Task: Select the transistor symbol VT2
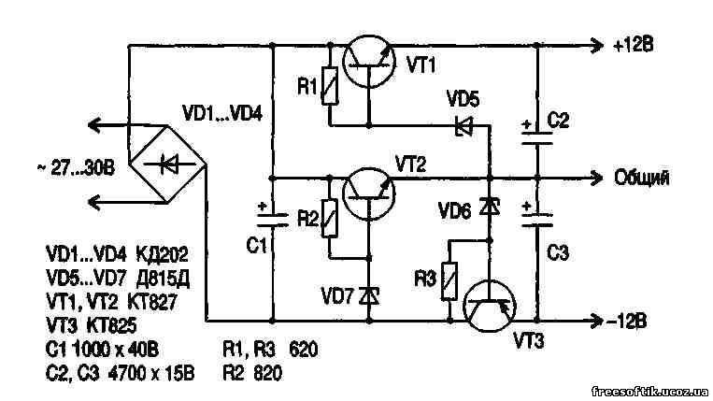(367, 193)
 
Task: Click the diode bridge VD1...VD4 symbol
(168, 165)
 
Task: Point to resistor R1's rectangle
(329, 86)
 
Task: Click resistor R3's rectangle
(449, 278)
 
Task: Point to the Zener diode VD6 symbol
(487, 207)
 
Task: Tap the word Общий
(641, 178)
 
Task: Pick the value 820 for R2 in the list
(267, 372)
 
